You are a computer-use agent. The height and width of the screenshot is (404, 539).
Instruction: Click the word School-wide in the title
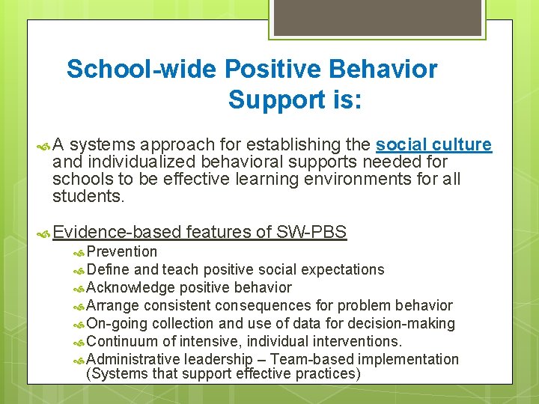click(x=141, y=70)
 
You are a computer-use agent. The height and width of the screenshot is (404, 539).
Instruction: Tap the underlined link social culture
click(x=433, y=144)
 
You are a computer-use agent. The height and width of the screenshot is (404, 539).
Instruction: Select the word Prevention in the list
click(x=122, y=251)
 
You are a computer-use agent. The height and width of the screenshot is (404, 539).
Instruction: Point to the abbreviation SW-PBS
click(x=311, y=233)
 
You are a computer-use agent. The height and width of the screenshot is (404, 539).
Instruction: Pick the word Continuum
click(x=122, y=341)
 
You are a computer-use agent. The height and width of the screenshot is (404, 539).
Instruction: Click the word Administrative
click(x=134, y=359)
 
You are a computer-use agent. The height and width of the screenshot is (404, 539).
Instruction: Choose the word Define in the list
click(x=109, y=269)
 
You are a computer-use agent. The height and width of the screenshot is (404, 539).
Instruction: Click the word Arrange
click(x=113, y=305)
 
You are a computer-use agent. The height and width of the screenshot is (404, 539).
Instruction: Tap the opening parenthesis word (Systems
click(x=115, y=373)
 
